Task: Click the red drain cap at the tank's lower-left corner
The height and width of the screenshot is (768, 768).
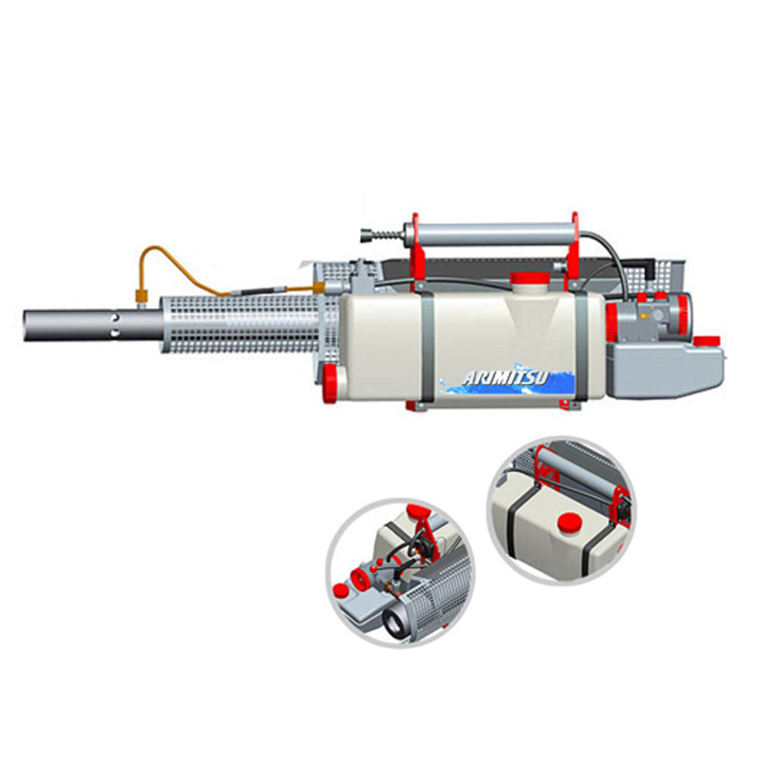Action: [x=330, y=382]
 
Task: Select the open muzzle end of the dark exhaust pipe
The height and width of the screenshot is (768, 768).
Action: [x=26, y=325]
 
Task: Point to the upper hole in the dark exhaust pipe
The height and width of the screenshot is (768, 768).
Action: [x=115, y=318]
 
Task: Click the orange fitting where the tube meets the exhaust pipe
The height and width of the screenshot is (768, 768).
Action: [x=141, y=296]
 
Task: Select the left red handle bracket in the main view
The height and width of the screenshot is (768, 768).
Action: [x=418, y=253]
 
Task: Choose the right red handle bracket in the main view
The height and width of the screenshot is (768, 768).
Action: [x=573, y=252]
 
